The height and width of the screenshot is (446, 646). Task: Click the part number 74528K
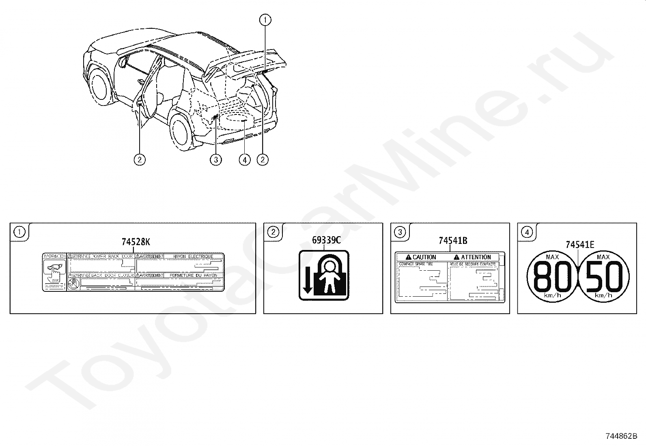coord(136,242)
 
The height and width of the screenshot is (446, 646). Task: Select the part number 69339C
coord(326,240)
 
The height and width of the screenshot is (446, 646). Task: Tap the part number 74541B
coord(452,241)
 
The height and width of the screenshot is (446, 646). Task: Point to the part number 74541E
coord(579,244)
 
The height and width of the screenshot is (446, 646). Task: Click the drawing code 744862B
coord(621,436)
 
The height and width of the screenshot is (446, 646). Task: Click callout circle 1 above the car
coord(265,19)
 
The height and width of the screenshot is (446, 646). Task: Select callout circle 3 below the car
coord(216,160)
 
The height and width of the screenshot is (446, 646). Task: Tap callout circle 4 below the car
coord(245,160)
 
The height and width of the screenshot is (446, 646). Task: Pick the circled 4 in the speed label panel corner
coord(526,232)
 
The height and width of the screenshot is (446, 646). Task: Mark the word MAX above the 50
coord(603,257)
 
